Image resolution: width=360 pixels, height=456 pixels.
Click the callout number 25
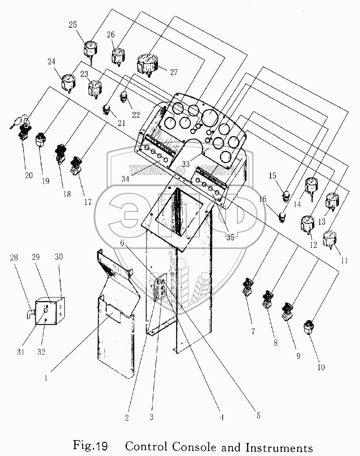(73, 24)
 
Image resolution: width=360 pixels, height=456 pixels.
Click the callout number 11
(344, 260)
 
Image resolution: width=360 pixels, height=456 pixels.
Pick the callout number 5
(258, 416)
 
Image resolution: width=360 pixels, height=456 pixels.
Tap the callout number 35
(230, 236)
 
